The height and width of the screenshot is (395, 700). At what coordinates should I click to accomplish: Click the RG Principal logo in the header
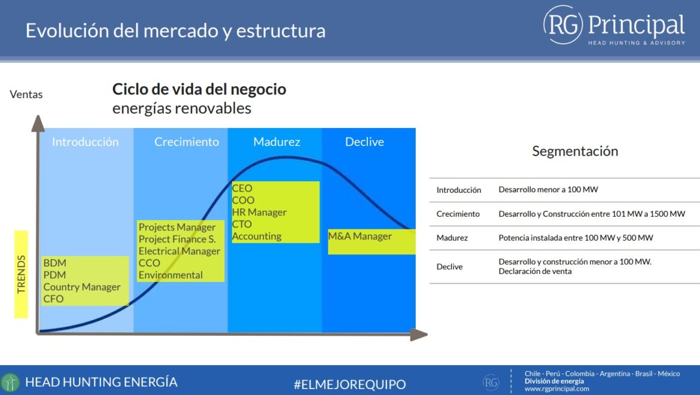click(x=614, y=26)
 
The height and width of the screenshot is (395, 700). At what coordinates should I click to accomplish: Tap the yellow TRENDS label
click(x=21, y=274)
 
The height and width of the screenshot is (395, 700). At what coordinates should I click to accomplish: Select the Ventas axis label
click(x=26, y=95)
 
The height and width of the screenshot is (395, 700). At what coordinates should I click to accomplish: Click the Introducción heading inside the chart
click(x=86, y=142)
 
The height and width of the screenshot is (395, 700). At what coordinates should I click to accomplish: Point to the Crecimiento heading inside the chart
click(x=187, y=142)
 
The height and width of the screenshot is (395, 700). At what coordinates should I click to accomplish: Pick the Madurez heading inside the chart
click(x=277, y=142)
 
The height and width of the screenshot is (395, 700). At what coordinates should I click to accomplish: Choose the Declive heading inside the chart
click(x=364, y=142)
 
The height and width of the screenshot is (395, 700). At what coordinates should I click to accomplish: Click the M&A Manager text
click(x=360, y=236)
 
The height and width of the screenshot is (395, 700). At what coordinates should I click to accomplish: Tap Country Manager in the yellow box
click(x=82, y=287)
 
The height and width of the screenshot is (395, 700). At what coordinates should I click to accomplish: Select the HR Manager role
click(x=260, y=212)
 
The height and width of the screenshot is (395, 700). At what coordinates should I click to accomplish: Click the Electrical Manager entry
click(x=179, y=251)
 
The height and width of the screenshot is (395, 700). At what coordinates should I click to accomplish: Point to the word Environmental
click(x=171, y=275)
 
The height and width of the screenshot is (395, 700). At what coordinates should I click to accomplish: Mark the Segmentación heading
click(x=575, y=152)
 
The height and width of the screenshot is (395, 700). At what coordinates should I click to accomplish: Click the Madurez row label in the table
click(x=452, y=238)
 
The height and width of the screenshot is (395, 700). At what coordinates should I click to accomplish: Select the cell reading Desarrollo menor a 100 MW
click(x=548, y=190)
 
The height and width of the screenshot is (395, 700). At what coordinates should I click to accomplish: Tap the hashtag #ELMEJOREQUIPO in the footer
click(x=350, y=384)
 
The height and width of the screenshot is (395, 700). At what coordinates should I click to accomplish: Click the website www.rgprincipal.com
click(x=556, y=389)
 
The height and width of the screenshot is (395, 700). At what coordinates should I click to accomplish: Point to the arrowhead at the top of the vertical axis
click(x=38, y=123)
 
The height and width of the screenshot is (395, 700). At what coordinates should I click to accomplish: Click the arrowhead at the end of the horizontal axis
click(x=419, y=335)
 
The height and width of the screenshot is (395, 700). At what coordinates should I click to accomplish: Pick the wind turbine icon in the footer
click(x=10, y=382)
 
